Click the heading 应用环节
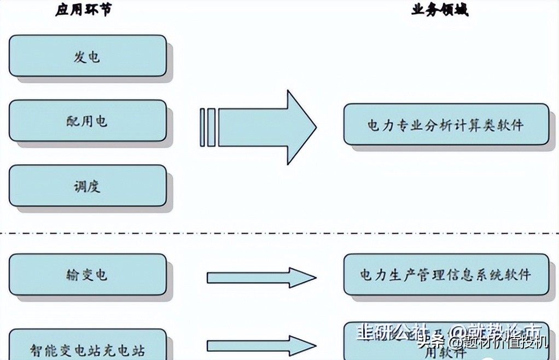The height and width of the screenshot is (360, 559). (x=83, y=10)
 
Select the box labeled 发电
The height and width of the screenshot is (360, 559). (x=88, y=56)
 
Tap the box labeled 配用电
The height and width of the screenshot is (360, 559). (x=88, y=120)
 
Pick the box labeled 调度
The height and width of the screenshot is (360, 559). (x=88, y=186)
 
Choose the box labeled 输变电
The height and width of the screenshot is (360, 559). (x=88, y=274)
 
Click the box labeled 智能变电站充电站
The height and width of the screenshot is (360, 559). (x=88, y=345)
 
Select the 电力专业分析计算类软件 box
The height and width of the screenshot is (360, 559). (x=446, y=124)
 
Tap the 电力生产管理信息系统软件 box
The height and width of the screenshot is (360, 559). (x=446, y=274)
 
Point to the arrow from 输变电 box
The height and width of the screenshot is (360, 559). (x=261, y=277)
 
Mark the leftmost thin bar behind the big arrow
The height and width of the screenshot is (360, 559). (x=202, y=127)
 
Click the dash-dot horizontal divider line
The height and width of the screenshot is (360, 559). (x=273, y=234)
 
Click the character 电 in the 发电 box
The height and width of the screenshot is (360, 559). (x=94, y=56)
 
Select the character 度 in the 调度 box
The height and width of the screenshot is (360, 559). (x=94, y=187)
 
